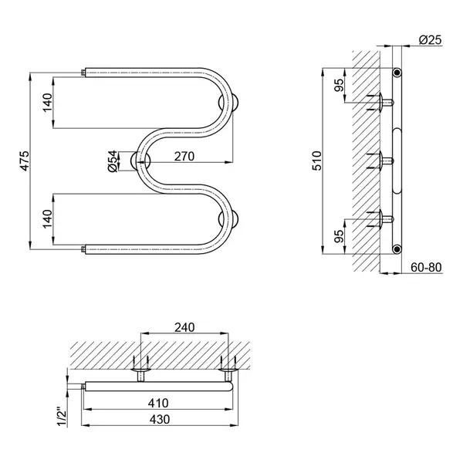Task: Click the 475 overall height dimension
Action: pos(25,161)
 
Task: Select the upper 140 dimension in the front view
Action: pos(47,103)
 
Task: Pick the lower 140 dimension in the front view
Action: pos(47,219)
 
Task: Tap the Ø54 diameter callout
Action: pos(113,161)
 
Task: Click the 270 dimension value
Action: pos(184,157)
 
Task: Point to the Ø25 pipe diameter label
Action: pos(431,40)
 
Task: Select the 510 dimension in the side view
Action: pos(317,161)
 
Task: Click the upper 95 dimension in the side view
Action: pos(340,86)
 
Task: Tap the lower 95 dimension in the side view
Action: pos(340,236)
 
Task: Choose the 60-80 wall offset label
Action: pos(426,268)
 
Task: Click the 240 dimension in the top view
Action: pos(184,327)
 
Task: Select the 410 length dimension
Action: pos(158,403)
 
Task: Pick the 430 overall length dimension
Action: pos(160,419)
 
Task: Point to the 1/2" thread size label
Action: pos(63,417)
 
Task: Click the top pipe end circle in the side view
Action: pos(397,73)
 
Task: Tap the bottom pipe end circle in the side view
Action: pos(397,249)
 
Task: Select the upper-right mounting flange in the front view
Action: pos(229,103)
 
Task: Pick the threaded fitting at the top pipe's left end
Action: pos(83,73)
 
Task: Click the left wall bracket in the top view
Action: pos(141,370)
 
